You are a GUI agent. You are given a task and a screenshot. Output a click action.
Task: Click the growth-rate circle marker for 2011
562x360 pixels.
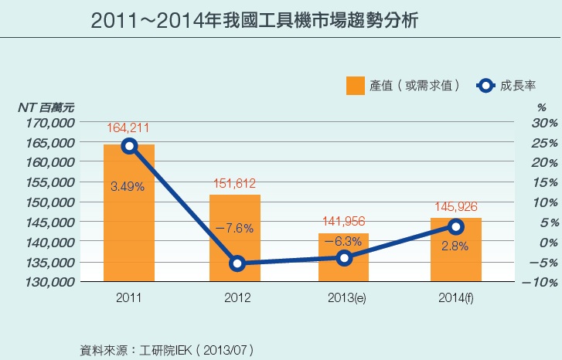[x=129, y=146]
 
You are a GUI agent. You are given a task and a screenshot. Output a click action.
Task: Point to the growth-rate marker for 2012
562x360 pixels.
[x=237, y=263]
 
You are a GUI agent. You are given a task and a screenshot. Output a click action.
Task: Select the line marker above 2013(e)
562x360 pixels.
[x=344, y=257]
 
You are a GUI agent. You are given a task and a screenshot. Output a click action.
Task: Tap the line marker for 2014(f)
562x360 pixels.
[x=456, y=226]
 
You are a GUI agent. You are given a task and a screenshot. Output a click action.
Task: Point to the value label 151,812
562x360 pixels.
[x=235, y=183]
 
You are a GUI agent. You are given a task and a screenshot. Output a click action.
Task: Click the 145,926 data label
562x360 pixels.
[x=456, y=207]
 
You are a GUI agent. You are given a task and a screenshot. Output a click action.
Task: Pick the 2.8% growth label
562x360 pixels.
[x=456, y=246]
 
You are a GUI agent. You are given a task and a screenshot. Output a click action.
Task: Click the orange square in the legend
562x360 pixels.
[x=355, y=86]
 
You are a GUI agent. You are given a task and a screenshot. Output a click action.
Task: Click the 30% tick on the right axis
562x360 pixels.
[x=544, y=123]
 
